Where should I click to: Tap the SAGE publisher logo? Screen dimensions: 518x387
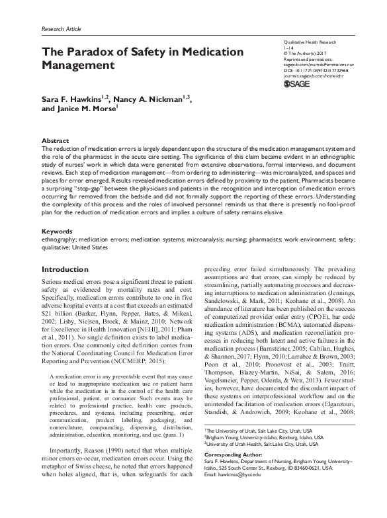[x=296, y=84]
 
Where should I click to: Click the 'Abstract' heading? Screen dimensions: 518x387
[x=54, y=142]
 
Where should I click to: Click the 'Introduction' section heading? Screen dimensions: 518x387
[x=70, y=270]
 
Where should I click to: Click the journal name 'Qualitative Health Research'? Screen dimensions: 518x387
[x=311, y=41]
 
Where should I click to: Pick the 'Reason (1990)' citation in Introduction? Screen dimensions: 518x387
[x=98, y=452]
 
